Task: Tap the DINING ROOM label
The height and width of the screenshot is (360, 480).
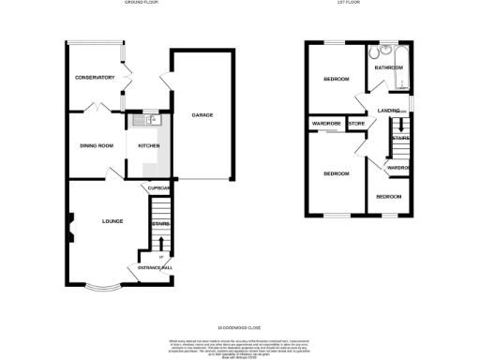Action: pos(95,145)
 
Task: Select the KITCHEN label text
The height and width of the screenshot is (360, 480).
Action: pos(149,145)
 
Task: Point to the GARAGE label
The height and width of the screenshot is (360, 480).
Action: pos(202,115)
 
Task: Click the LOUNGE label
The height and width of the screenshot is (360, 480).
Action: pos(113,221)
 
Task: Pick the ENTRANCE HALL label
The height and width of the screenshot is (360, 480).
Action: pos(156,268)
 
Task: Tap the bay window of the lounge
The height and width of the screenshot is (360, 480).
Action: pos(103,284)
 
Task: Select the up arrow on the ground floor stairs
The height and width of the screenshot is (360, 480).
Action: pos(161,255)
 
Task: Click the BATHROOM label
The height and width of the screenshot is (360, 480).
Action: pos(388,67)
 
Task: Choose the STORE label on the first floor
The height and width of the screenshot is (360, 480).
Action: pos(355,123)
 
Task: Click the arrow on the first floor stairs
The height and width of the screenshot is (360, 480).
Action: pos(400,124)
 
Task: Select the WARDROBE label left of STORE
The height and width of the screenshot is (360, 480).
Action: pos(325,123)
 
